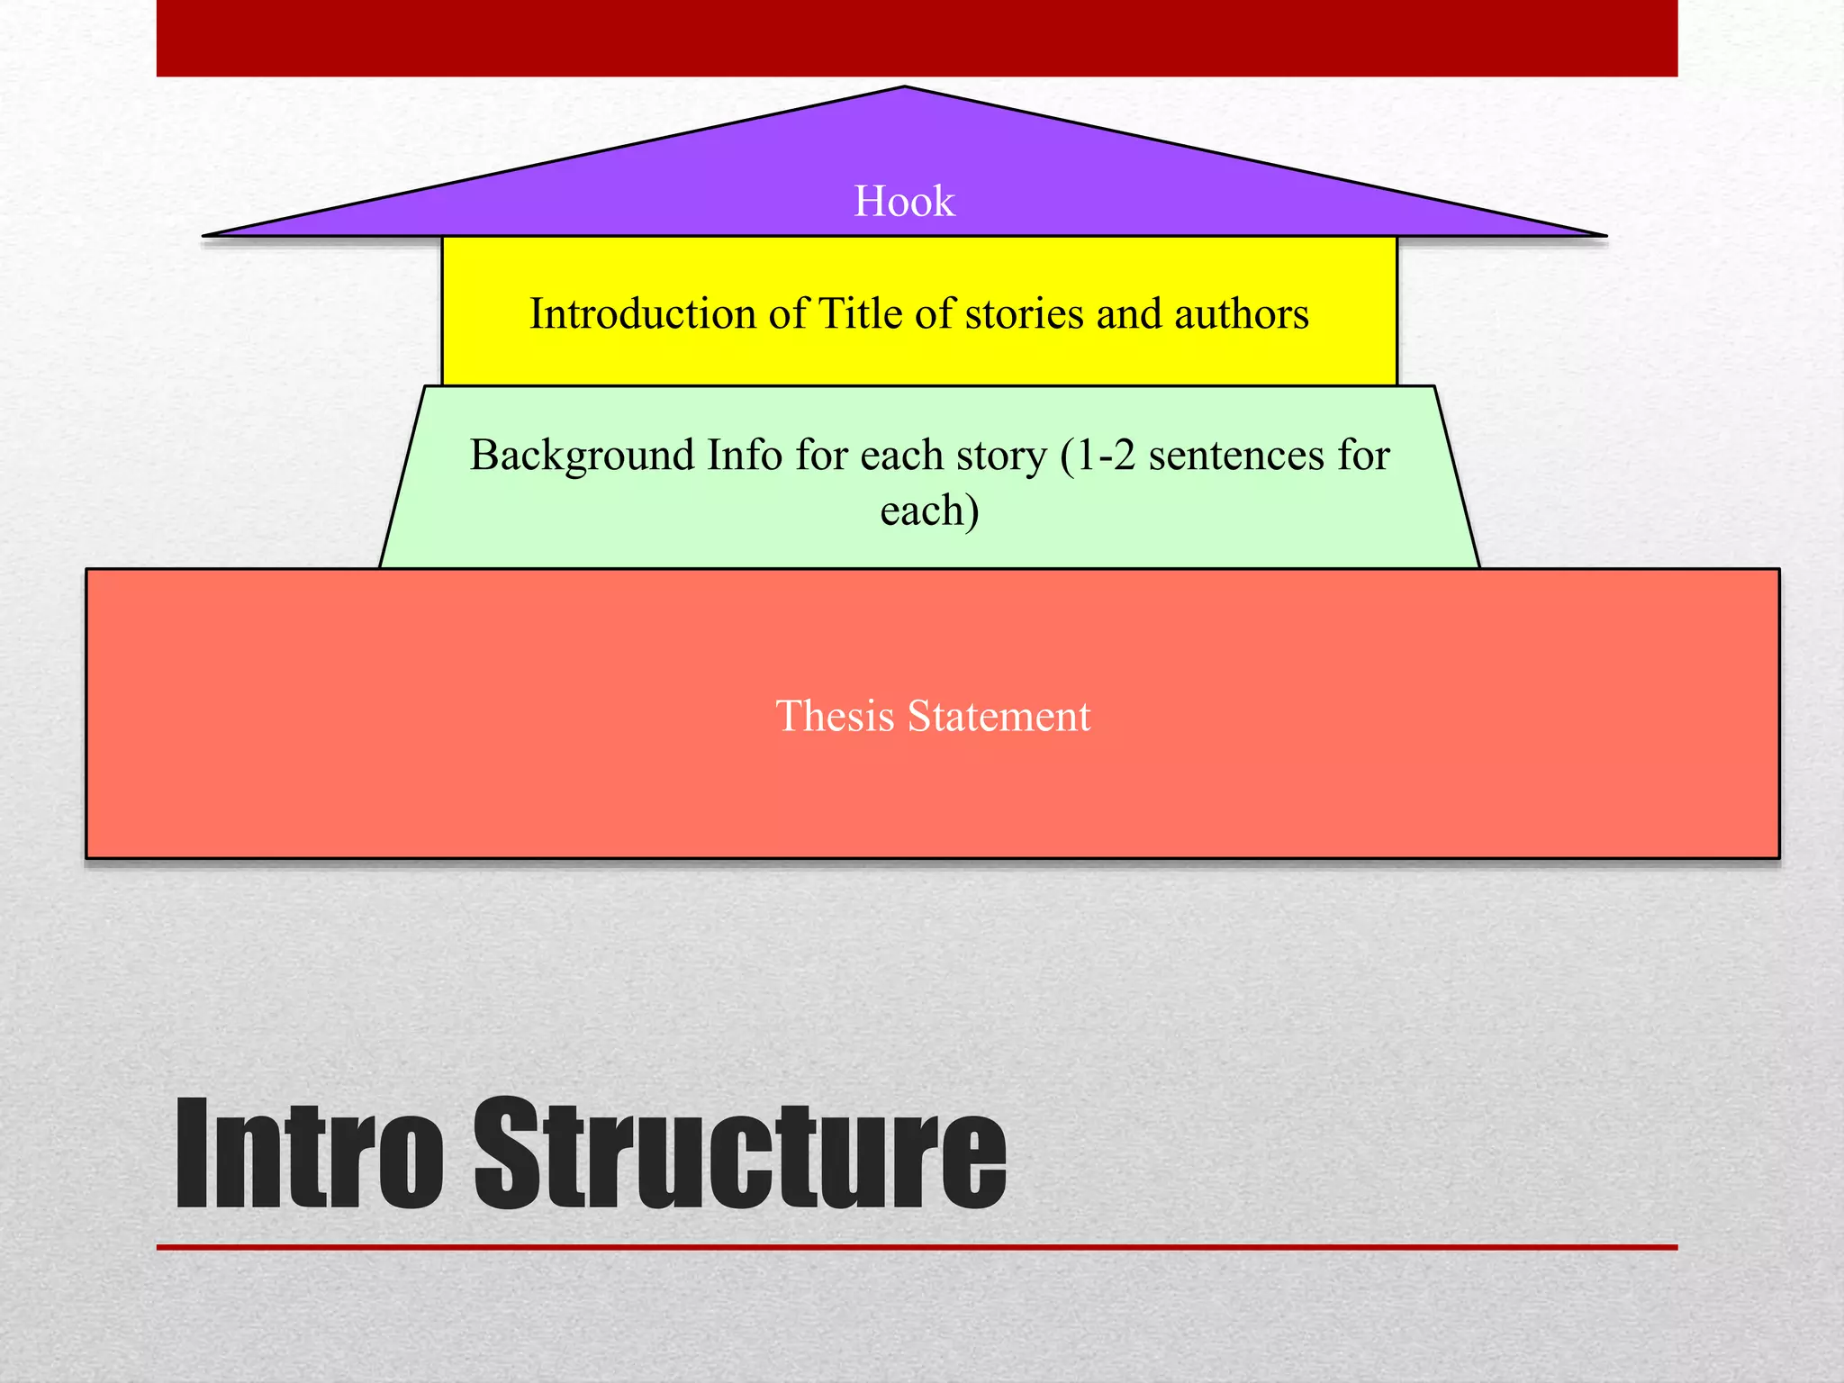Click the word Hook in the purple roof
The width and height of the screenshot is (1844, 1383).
pos(904,202)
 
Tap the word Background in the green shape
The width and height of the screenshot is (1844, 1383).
pos(582,456)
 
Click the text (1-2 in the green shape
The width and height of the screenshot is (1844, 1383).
pos(1098,456)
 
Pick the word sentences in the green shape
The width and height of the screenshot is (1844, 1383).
pos(1236,456)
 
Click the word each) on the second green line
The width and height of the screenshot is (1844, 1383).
pos(929,511)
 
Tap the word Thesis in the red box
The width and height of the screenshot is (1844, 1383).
pos(835,717)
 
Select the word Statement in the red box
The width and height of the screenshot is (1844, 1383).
pos(999,717)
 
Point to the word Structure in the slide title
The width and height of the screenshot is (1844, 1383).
pos(739,1155)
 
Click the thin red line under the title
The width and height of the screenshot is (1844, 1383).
pos(917,1248)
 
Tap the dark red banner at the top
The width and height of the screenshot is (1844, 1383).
pos(917,38)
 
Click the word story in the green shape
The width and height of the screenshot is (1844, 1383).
pos(1002,456)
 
